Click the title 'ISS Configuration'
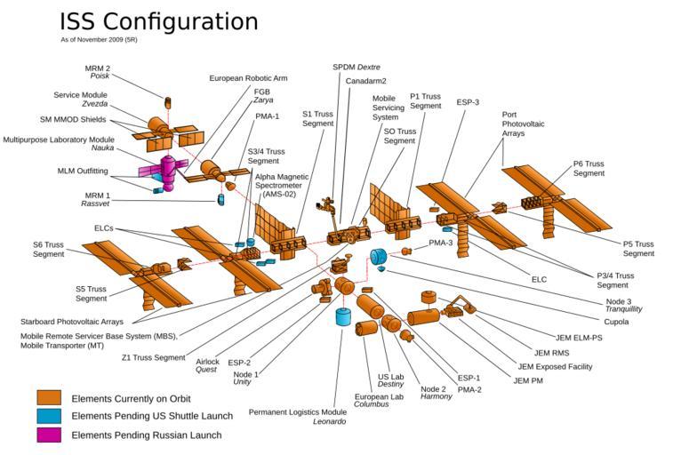point(158,21)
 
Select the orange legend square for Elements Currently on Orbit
point(49,397)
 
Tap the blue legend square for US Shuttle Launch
point(49,416)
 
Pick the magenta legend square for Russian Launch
point(49,435)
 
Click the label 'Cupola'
point(616,322)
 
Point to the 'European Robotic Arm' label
point(249,78)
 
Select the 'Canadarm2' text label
point(365,81)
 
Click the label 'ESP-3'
point(469,102)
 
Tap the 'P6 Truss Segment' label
point(589,169)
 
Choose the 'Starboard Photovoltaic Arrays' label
point(72,322)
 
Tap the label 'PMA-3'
point(441,243)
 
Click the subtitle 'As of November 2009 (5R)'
point(99,40)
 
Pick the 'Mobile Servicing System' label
point(385,108)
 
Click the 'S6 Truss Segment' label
point(49,250)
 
